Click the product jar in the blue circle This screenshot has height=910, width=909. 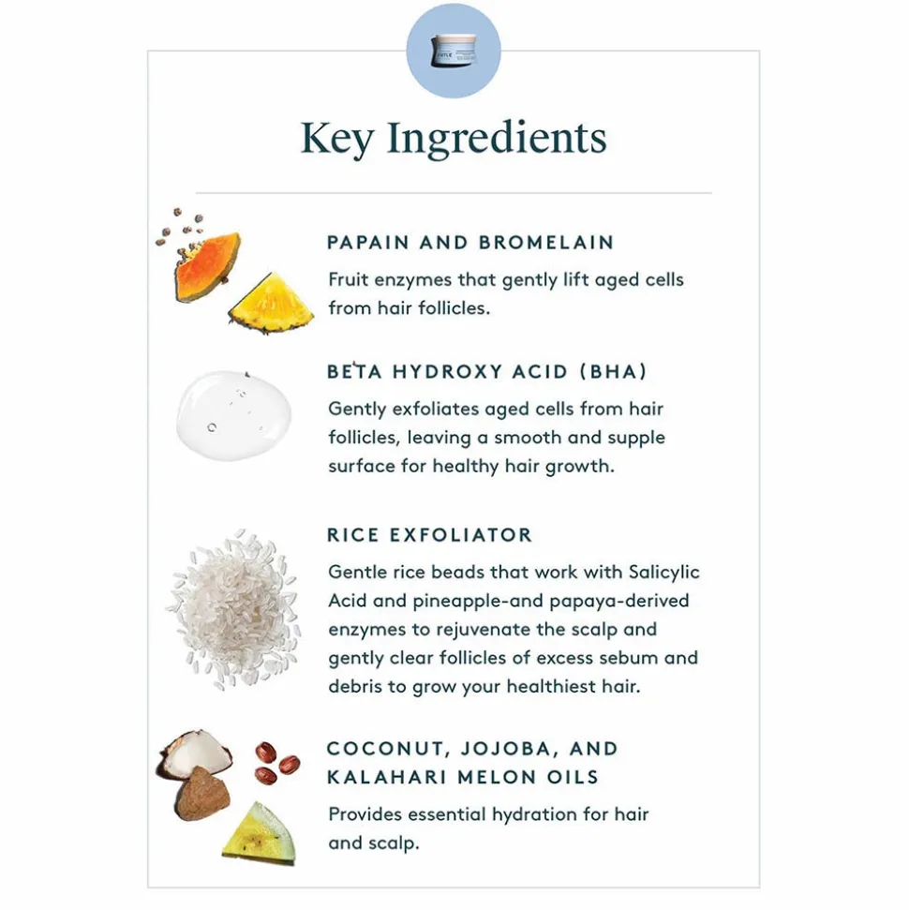pos(454,50)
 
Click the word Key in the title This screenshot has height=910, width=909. pos(337,140)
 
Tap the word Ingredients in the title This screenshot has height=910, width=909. pos(497,140)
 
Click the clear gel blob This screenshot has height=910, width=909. pos(234,415)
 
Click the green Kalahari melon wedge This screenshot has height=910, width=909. pos(260,831)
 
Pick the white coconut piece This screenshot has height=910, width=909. pos(195,753)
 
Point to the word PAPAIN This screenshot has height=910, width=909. pos(368,242)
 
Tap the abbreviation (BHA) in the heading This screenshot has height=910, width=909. pos(613,371)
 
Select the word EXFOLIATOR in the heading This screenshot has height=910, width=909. pos(461,534)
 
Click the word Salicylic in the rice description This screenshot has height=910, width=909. pos(664,573)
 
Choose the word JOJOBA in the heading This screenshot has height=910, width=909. pos(506,749)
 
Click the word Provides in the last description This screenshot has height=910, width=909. pos(365,814)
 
